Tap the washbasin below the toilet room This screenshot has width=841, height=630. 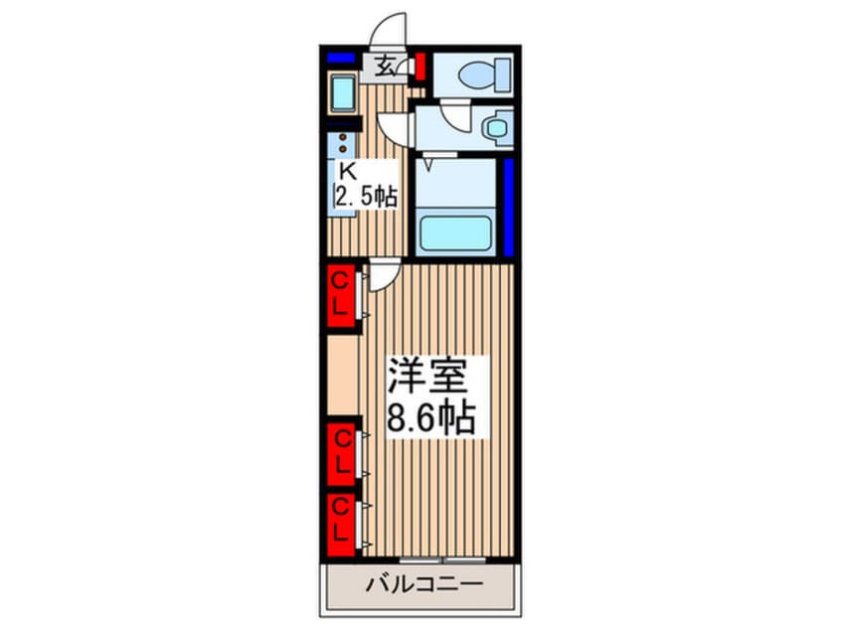(x=494, y=127)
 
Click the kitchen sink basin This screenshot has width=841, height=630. (x=343, y=94)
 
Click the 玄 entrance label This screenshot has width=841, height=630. (x=386, y=68)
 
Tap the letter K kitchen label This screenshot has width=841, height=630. (x=348, y=169)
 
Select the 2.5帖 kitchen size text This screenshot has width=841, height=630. (x=365, y=196)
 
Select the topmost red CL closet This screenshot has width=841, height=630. (x=339, y=295)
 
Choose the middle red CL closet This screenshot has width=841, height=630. (x=340, y=450)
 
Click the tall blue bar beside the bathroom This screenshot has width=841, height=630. (x=507, y=207)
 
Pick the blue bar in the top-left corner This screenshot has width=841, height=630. (x=341, y=58)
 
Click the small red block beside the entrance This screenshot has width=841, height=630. (x=420, y=68)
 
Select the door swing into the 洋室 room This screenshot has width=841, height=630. (x=384, y=277)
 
